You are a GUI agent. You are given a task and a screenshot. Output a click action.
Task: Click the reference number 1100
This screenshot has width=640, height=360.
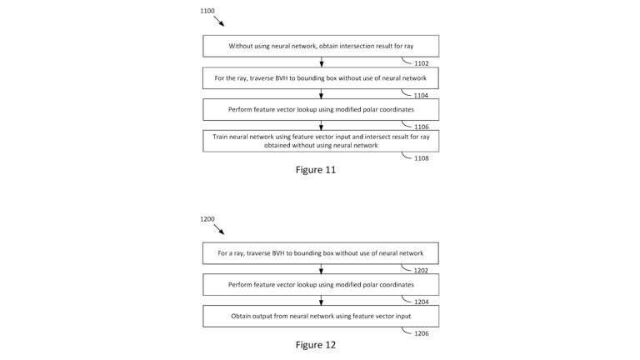click(207, 11)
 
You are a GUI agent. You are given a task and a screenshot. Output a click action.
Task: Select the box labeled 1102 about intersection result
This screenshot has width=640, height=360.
click(321, 46)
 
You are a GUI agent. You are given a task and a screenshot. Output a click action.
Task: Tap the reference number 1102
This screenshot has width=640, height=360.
click(421, 63)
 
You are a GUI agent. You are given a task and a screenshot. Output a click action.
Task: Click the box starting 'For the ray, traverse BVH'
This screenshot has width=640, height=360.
click(321, 78)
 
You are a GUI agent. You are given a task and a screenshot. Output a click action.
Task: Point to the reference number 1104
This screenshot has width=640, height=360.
click(421, 96)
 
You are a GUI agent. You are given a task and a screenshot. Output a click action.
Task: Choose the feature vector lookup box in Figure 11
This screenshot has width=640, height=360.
click(321, 110)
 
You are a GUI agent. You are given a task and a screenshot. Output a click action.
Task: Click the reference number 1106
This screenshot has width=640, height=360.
click(421, 127)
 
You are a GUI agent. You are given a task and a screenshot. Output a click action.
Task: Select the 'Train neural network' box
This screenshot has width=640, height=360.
click(321, 141)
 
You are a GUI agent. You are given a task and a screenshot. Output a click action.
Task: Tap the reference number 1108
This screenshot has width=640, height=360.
click(421, 158)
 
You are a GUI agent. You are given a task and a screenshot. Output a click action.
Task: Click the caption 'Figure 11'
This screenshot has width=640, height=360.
click(315, 170)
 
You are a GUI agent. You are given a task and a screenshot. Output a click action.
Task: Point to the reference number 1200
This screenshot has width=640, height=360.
click(207, 219)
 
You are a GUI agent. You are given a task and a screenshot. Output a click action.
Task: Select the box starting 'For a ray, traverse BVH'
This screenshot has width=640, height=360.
click(321, 253)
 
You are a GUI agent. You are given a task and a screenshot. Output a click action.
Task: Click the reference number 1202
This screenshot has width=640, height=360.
click(421, 271)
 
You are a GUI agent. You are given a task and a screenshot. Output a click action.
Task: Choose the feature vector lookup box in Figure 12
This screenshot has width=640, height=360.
click(321, 285)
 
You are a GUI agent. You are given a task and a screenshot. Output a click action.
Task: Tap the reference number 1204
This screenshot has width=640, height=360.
click(421, 302)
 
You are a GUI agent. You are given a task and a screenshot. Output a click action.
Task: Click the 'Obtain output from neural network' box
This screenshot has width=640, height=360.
click(321, 317)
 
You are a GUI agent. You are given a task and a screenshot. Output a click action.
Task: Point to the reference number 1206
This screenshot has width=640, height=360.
click(421, 333)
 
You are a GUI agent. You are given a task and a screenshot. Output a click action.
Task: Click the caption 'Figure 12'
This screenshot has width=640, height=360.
click(315, 345)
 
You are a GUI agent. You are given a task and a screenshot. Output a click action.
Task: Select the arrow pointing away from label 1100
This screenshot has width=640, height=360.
click(218, 21)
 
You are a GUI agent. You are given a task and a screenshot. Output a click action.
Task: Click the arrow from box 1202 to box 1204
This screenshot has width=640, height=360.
click(322, 269)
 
